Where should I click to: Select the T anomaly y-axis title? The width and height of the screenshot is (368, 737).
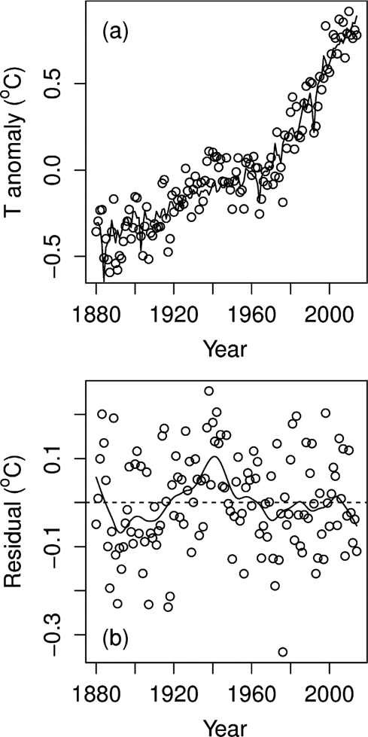point(19,149)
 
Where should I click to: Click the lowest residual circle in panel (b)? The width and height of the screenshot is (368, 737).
point(283,652)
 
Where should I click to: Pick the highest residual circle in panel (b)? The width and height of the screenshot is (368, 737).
point(208,391)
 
